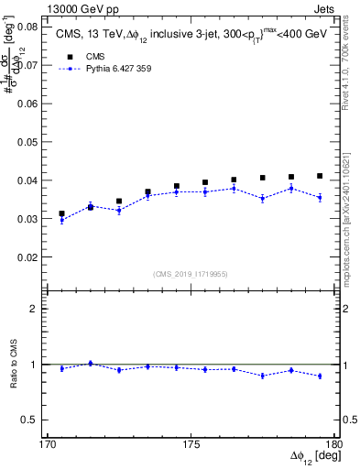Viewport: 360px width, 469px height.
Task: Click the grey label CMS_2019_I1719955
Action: coord(190,272)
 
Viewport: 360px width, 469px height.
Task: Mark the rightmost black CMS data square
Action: coord(320,176)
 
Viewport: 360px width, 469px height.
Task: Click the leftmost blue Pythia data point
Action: coord(62,220)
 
